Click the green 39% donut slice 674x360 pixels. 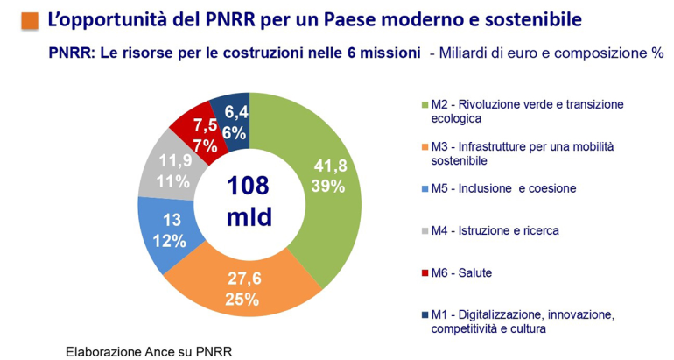[328, 175]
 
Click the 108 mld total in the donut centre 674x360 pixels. [249, 201]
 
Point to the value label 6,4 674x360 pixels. [235, 111]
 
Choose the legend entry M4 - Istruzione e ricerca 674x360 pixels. [495, 230]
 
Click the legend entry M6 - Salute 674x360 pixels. [461, 272]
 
